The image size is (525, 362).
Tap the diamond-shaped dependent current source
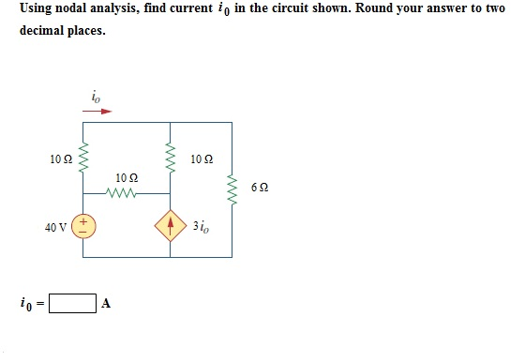170,226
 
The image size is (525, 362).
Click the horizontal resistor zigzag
124,194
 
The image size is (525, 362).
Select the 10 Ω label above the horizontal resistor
127,177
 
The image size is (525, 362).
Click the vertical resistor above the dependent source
170,157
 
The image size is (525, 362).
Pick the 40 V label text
55,227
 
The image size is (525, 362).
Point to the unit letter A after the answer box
107,304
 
